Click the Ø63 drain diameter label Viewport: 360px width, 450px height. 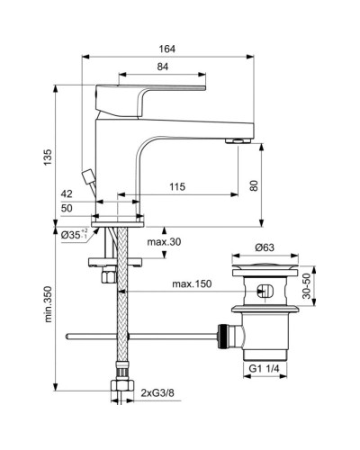tap(263, 247)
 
